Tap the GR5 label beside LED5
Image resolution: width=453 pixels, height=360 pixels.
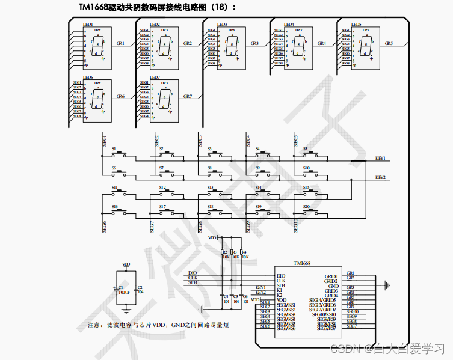pyautogui.click(x=389, y=44)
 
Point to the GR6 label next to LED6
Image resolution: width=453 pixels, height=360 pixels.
pyautogui.click(x=120, y=97)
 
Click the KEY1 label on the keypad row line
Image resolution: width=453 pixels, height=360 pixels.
pyautogui.click(x=380, y=158)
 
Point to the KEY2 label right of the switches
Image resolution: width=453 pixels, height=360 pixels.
pyautogui.click(x=380, y=177)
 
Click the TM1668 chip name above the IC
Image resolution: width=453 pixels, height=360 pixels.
pyautogui.click(x=303, y=263)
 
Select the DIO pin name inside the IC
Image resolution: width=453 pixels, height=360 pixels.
pyautogui.click(x=281, y=276)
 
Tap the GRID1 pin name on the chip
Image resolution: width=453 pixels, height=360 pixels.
pyautogui.click(x=331, y=276)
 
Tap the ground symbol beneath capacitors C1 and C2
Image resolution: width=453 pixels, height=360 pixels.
pyautogui.click(x=126, y=311)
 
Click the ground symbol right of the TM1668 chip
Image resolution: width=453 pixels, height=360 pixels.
pyautogui.click(x=387, y=285)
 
